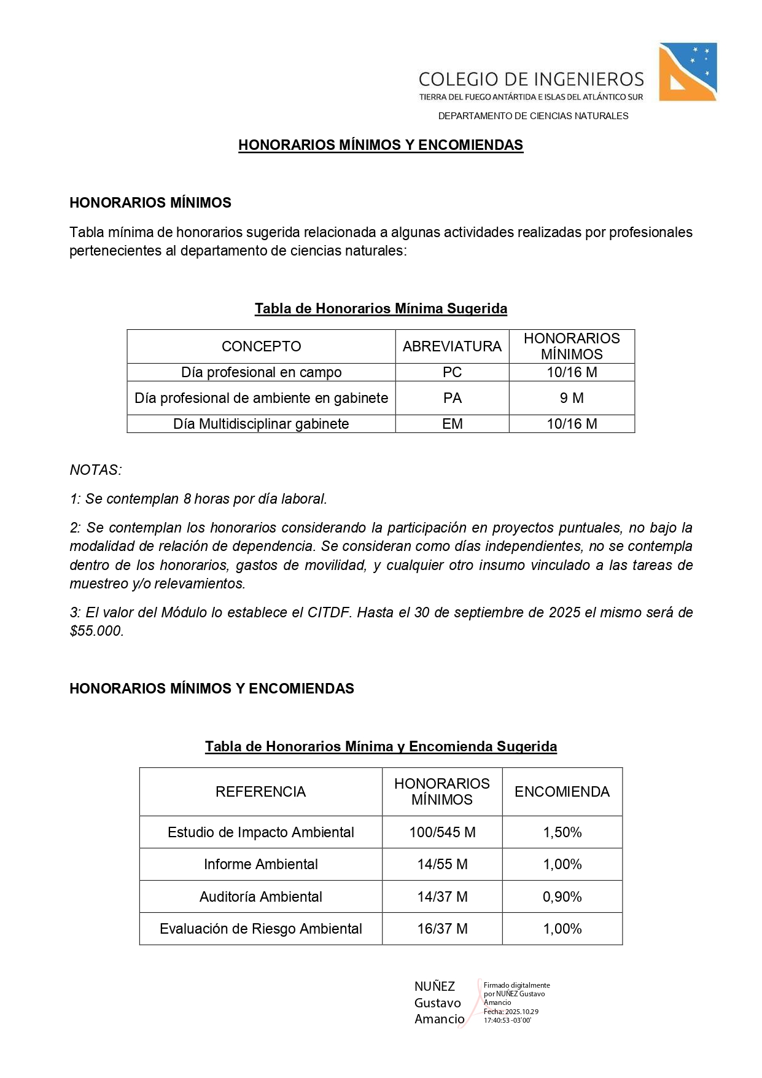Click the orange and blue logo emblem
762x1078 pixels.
pyautogui.click(x=687, y=71)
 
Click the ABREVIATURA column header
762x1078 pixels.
pyautogui.click(x=452, y=346)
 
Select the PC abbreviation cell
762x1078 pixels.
pyautogui.click(x=452, y=372)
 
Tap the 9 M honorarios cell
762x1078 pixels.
pyautogui.click(x=572, y=398)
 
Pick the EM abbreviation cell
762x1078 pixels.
pyautogui.click(x=452, y=424)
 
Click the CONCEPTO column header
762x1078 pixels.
pyautogui.click(x=261, y=346)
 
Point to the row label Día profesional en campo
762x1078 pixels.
pyautogui.click(x=261, y=372)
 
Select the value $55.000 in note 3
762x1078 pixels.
pyautogui.click(x=96, y=631)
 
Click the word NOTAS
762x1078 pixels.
pyautogui.click(x=96, y=470)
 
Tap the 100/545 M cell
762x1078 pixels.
pyautogui.click(x=442, y=832)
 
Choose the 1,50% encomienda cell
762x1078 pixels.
pyautogui.click(x=562, y=832)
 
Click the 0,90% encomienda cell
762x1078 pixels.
pyautogui.click(x=562, y=897)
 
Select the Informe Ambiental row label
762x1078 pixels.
pyautogui.click(x=260, y=864)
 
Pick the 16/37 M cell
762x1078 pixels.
pyautogui.click(x=442, y=929)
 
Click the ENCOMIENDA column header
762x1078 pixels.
pyautogui.click(x=562, y=792)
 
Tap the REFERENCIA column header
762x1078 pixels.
pyautogui.click(x=260, y=792)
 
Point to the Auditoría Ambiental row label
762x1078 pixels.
pyautogui.click(x=260, y=897)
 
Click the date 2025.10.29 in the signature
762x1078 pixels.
pyautogui.click(x=522, y=1012)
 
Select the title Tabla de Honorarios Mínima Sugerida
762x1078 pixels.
pyautogui.click(x=381, y=308)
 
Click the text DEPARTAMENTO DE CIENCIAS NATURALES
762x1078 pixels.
pyautogui.click(x=533, y=116)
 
